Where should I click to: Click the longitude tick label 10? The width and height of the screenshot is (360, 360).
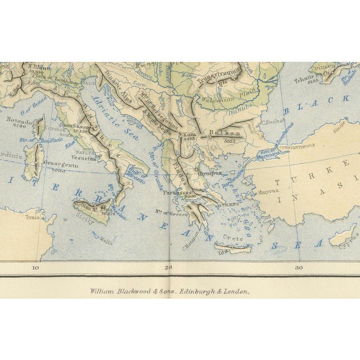coord(35,268)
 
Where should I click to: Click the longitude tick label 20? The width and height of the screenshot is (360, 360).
coord(167,268)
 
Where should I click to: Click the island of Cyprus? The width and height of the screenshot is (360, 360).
coord(343,236)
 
